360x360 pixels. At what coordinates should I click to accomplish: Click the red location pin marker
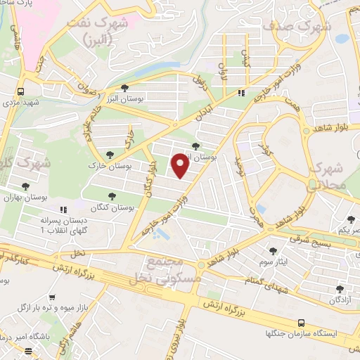coord(180,165)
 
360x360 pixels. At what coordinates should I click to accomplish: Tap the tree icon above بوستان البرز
coord(124,89)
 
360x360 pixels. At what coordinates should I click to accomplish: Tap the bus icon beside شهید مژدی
coord(22,91)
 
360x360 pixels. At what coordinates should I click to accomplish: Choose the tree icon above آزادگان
coord(340,289)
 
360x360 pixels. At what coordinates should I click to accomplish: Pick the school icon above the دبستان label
coord(63,210)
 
